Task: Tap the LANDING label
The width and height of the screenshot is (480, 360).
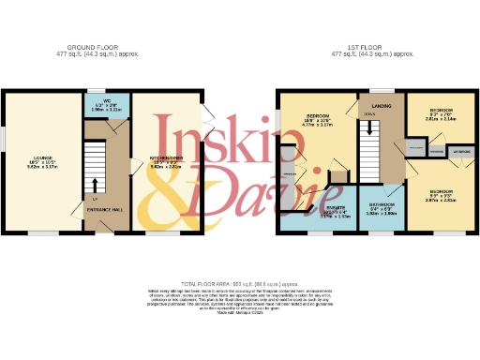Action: [x=382, y=106]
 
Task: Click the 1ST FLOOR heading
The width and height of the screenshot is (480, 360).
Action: [x=374, y=50]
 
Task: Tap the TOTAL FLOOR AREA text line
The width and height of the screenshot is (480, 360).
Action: [x=240, y=281]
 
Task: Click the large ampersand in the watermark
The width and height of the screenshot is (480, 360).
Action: [x=169, y=192]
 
